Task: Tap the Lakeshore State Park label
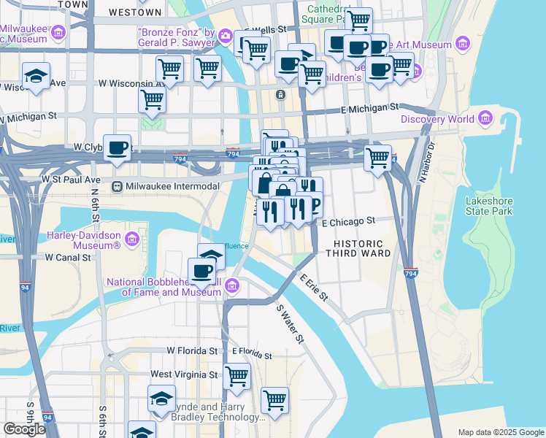(493, 206)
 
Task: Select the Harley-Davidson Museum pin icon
(132, 239)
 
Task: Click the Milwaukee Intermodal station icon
(116, 187)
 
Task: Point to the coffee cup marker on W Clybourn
(118, 148)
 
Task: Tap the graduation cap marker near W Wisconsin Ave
(35, 75)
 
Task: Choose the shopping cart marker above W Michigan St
(152, 99)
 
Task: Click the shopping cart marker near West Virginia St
(237, 376)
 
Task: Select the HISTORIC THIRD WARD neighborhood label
(363, 247)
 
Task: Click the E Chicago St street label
(347, 220)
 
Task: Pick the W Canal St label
(68, 258)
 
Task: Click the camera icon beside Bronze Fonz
(226, 36)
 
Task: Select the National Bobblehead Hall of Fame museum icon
(233, 285)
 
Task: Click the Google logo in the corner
(24, 429)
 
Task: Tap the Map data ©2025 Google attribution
(500, 432)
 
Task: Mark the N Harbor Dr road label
(426, 163)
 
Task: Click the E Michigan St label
(372, 108)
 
